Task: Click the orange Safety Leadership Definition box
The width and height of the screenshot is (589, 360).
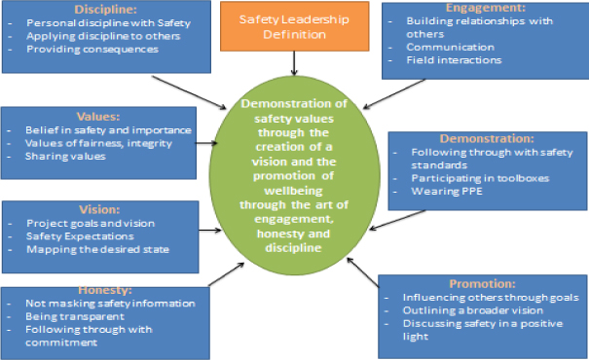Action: (x=293, y=26)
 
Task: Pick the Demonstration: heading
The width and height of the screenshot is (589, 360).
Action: (x=488, y=138)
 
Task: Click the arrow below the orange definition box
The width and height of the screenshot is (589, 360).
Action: (x=293, y=63)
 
